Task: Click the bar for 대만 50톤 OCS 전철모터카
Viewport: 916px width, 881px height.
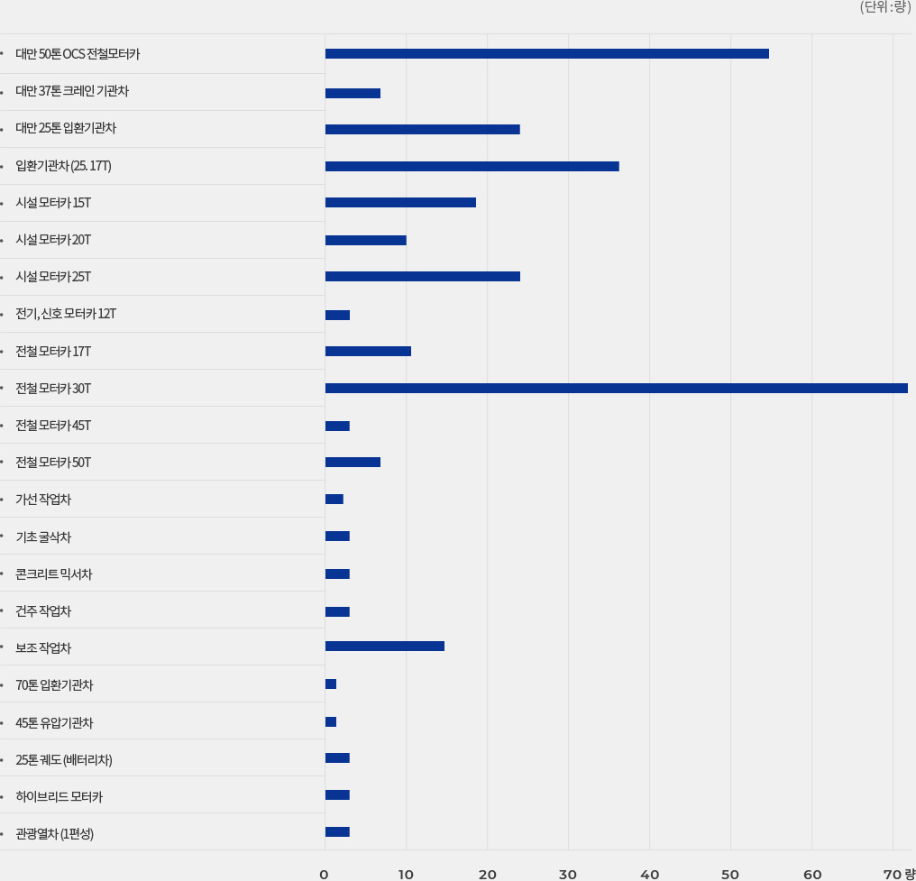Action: (x=546, y=54)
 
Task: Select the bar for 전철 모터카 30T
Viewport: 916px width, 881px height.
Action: (x=616, y=389)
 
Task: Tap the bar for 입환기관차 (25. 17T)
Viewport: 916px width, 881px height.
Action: (x=472, y=166)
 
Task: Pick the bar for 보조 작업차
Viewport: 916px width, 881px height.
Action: (x=384, y=647)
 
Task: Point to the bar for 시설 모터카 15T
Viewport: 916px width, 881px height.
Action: (x=400, y=203)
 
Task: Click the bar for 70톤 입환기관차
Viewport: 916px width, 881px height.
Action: (x=331, y=684)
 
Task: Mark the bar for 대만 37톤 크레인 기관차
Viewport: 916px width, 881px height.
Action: (x=353, y=93)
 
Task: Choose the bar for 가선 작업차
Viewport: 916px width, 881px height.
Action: (x=334, y=500)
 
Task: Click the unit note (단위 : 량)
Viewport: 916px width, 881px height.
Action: (x=885, y=8)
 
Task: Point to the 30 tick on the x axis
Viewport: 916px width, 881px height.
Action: (x=568, y=874)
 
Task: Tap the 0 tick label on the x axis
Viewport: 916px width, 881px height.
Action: (x=324, y=874)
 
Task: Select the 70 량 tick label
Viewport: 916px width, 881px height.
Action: (x=899, y=874)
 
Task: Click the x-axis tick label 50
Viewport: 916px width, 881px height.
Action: (x=730, y=874)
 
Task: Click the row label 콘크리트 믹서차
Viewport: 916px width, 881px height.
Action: (x=54, y=574)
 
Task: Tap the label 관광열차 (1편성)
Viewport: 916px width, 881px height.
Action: (x=55, y=834)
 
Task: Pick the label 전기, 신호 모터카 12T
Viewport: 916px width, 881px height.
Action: (x=66, y=314)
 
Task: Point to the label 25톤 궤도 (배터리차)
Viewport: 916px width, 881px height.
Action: (x=64, y=760)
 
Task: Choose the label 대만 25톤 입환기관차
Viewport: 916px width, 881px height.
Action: (x=66, y=128)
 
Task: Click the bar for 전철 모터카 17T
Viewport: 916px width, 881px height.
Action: (x=368, y=351)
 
